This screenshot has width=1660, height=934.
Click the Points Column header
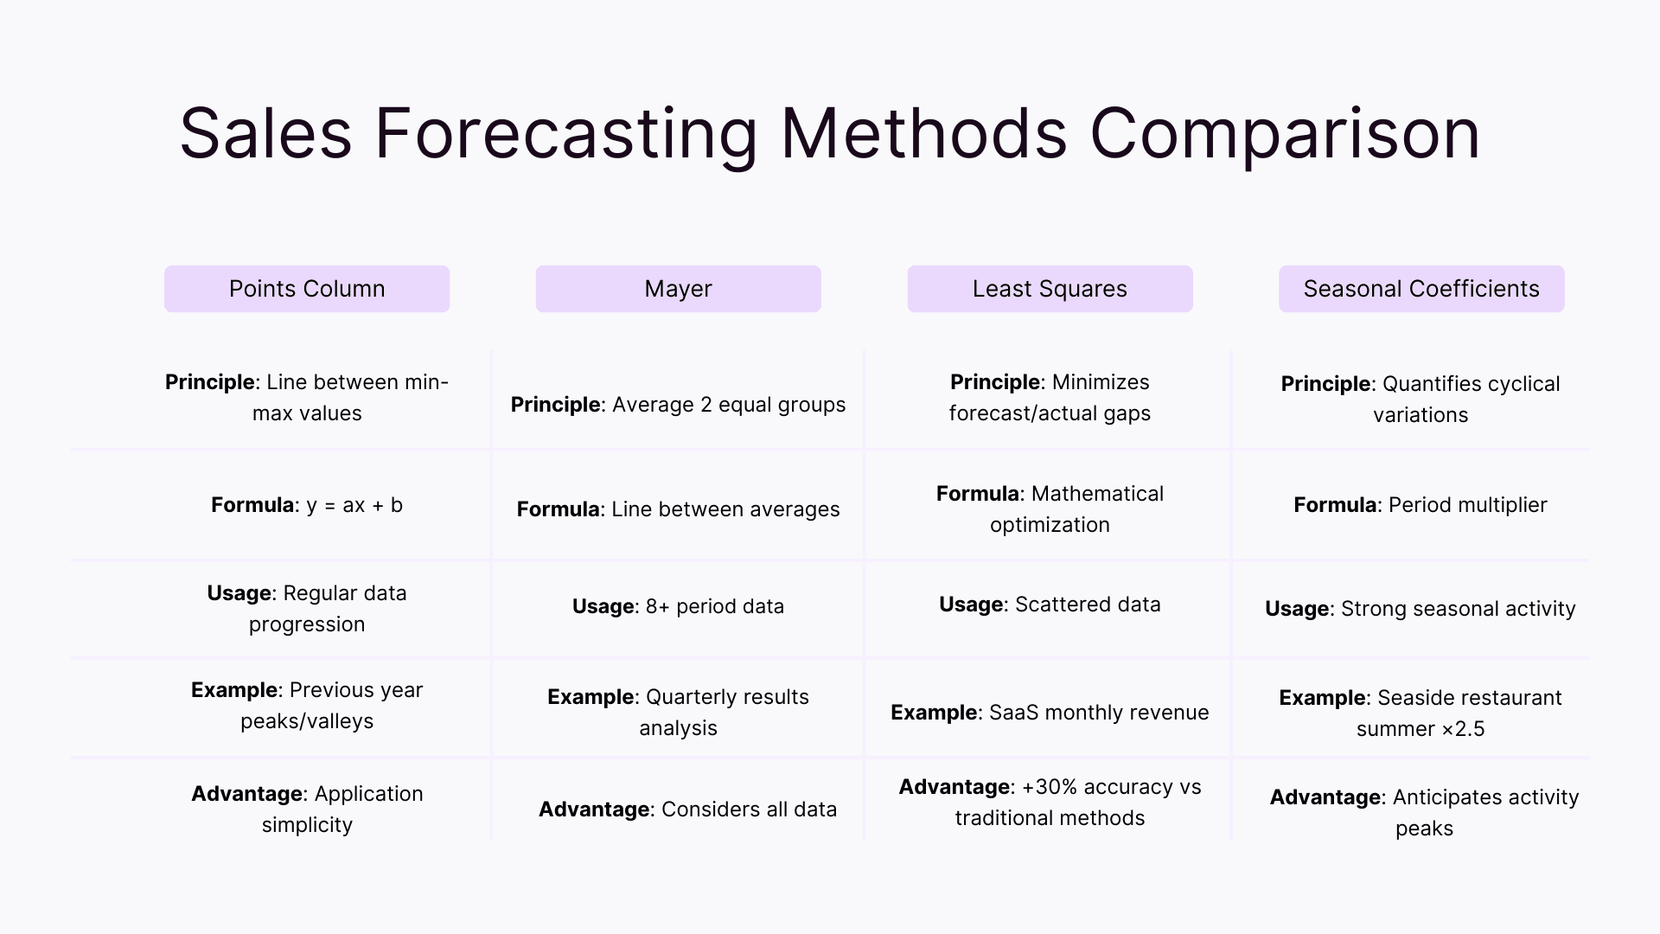[307, 289]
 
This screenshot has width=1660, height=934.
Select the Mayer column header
[678, 289]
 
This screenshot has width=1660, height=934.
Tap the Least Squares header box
[1050, 289]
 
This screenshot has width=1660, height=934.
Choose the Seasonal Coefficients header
[1421, 289]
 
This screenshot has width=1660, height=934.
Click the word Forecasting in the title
[565, 134]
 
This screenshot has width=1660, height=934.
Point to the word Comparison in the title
[1285, 134]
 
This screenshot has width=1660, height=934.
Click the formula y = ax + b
[354, 505]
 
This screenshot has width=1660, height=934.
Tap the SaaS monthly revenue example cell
[1050, 713]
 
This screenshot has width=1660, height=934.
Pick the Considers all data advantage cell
[687, 809]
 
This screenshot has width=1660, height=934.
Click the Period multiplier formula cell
[1421, 505]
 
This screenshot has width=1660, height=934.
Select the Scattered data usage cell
[1050, 605]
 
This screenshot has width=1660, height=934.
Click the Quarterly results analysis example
[678, 713]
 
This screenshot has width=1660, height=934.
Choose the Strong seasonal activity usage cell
[1421, 609]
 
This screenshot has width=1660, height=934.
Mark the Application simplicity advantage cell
[307, 809]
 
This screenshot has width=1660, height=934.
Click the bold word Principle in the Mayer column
[556, 405]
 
